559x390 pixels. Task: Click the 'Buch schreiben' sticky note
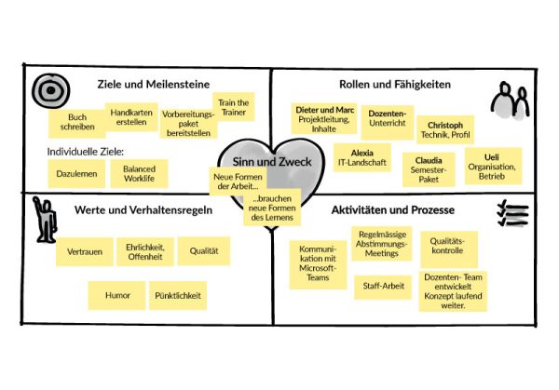pos(77,123)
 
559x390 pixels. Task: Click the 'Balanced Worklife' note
pos(139,172)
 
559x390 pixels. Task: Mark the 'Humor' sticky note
pos(117,295)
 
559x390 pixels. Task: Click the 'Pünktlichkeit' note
pos(178,295)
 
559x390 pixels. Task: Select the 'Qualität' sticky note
pos(204,250)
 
